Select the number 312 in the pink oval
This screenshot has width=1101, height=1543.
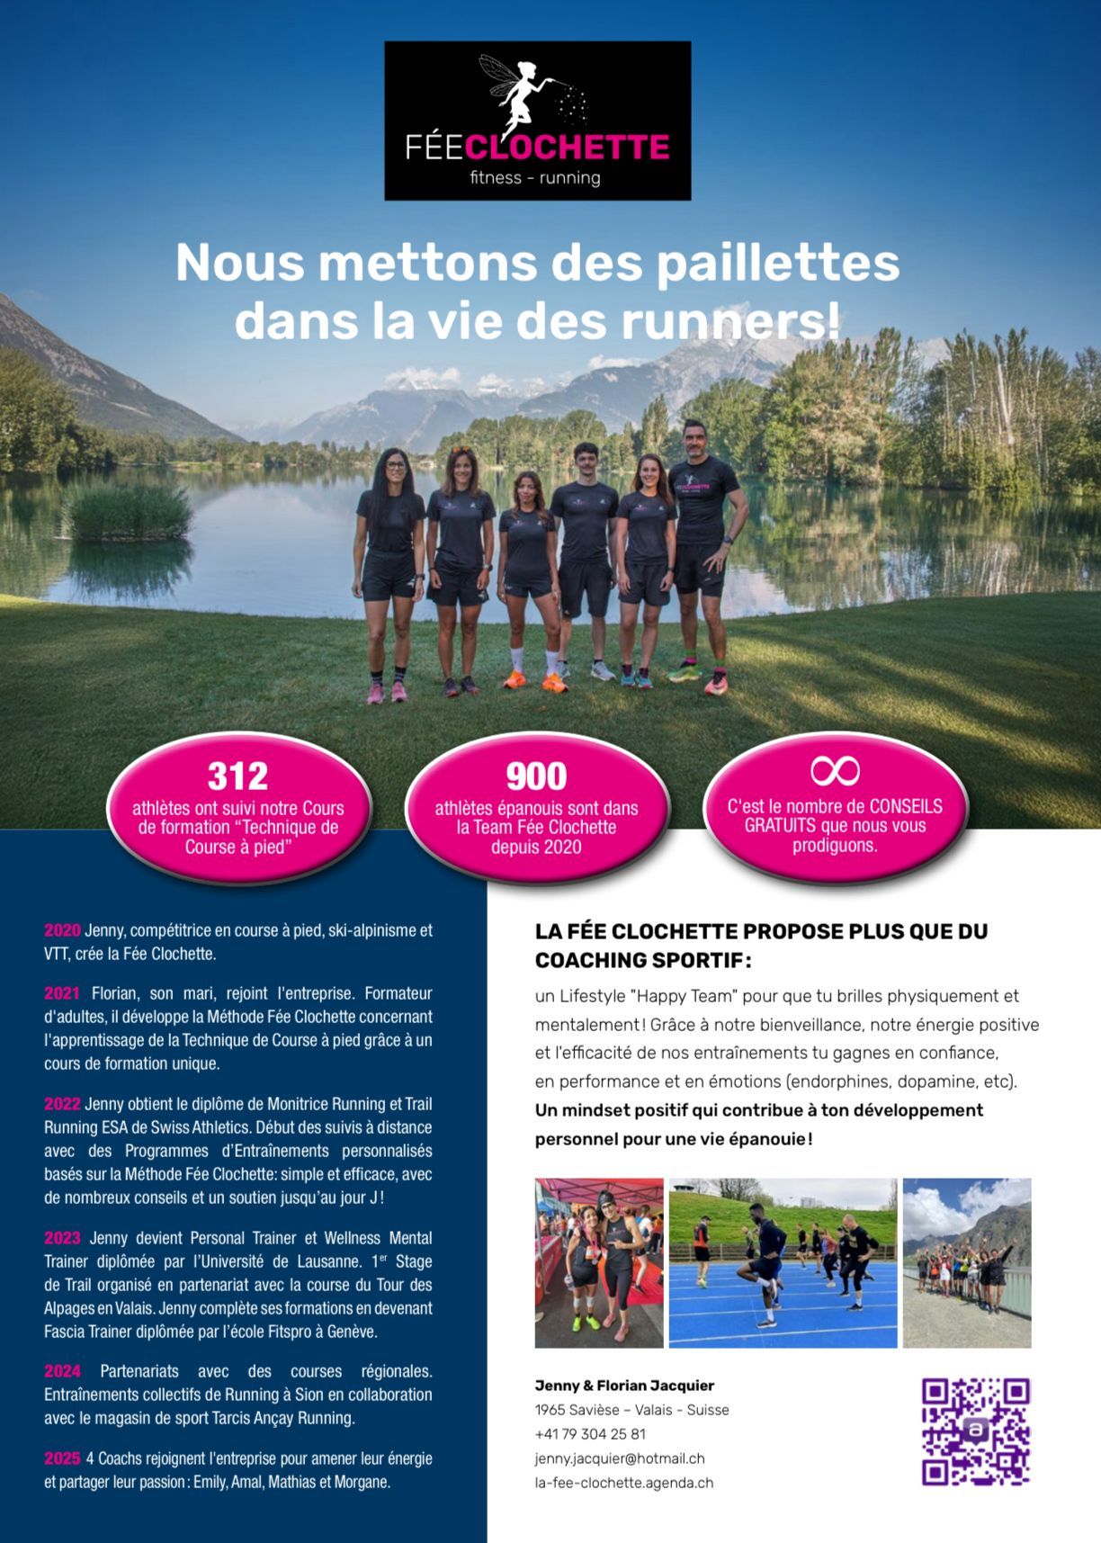(237, 776)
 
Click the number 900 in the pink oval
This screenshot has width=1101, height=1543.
(536, 776)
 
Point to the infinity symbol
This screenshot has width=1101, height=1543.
(835, 770)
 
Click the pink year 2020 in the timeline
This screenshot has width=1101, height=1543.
(62, 930)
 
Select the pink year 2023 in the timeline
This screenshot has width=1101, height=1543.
(62, 1238)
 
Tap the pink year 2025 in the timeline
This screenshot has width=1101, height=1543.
(62, 1458)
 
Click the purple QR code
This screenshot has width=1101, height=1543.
(976, 1431)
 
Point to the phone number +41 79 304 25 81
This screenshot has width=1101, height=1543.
(590, 1434)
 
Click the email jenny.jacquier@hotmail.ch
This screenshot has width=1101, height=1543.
(620, 1458)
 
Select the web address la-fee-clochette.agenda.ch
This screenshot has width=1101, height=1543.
(623, 1483)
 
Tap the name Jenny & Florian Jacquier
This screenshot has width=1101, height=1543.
(624, 1386)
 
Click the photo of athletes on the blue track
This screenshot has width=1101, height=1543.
(783, 1262)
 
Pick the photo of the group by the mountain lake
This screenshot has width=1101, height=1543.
(967, 1262)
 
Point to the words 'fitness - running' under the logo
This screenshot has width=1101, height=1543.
(535, 178)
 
